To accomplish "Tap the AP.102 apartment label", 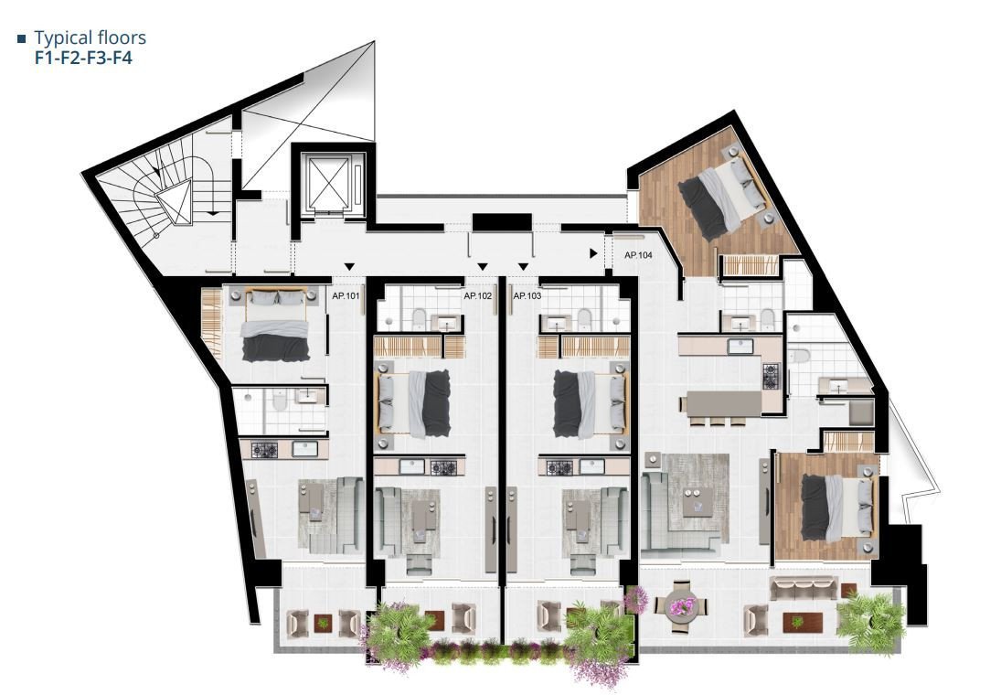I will pos(477,296).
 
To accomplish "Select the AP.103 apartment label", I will pos(527,296).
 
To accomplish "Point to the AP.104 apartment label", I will pos(638,256).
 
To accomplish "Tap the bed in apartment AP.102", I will pos(414,403).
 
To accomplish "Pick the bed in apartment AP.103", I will pos(591,403).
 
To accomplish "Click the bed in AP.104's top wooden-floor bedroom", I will pos(722,197).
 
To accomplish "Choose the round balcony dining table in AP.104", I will pos(682,604).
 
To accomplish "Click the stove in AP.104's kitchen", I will pos(770,374).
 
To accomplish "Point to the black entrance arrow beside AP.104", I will pos(594,252).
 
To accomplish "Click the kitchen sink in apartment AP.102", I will pos(410,467).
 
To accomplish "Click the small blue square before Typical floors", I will pos(21,39).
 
